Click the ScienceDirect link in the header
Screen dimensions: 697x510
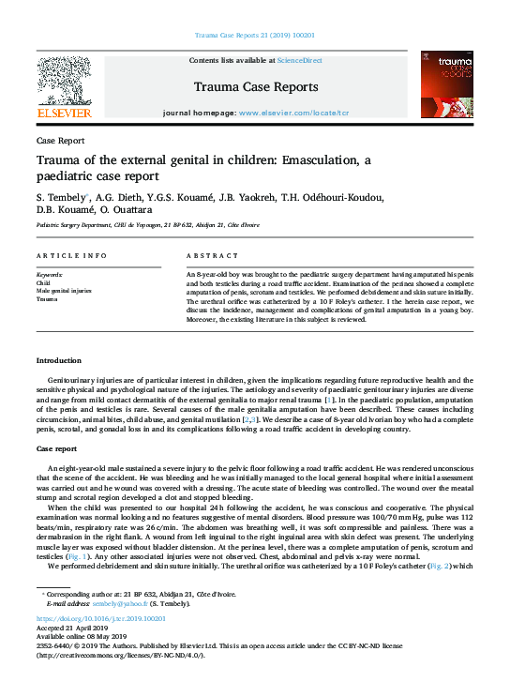pos(299,60)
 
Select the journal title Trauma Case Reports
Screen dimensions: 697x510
pos(254,87)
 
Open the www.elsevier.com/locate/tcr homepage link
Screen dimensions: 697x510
pos(293,113)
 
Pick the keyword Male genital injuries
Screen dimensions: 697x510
pos(63,290)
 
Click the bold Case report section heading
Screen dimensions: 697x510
pos(57,449)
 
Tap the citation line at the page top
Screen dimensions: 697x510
pos(254,35)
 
